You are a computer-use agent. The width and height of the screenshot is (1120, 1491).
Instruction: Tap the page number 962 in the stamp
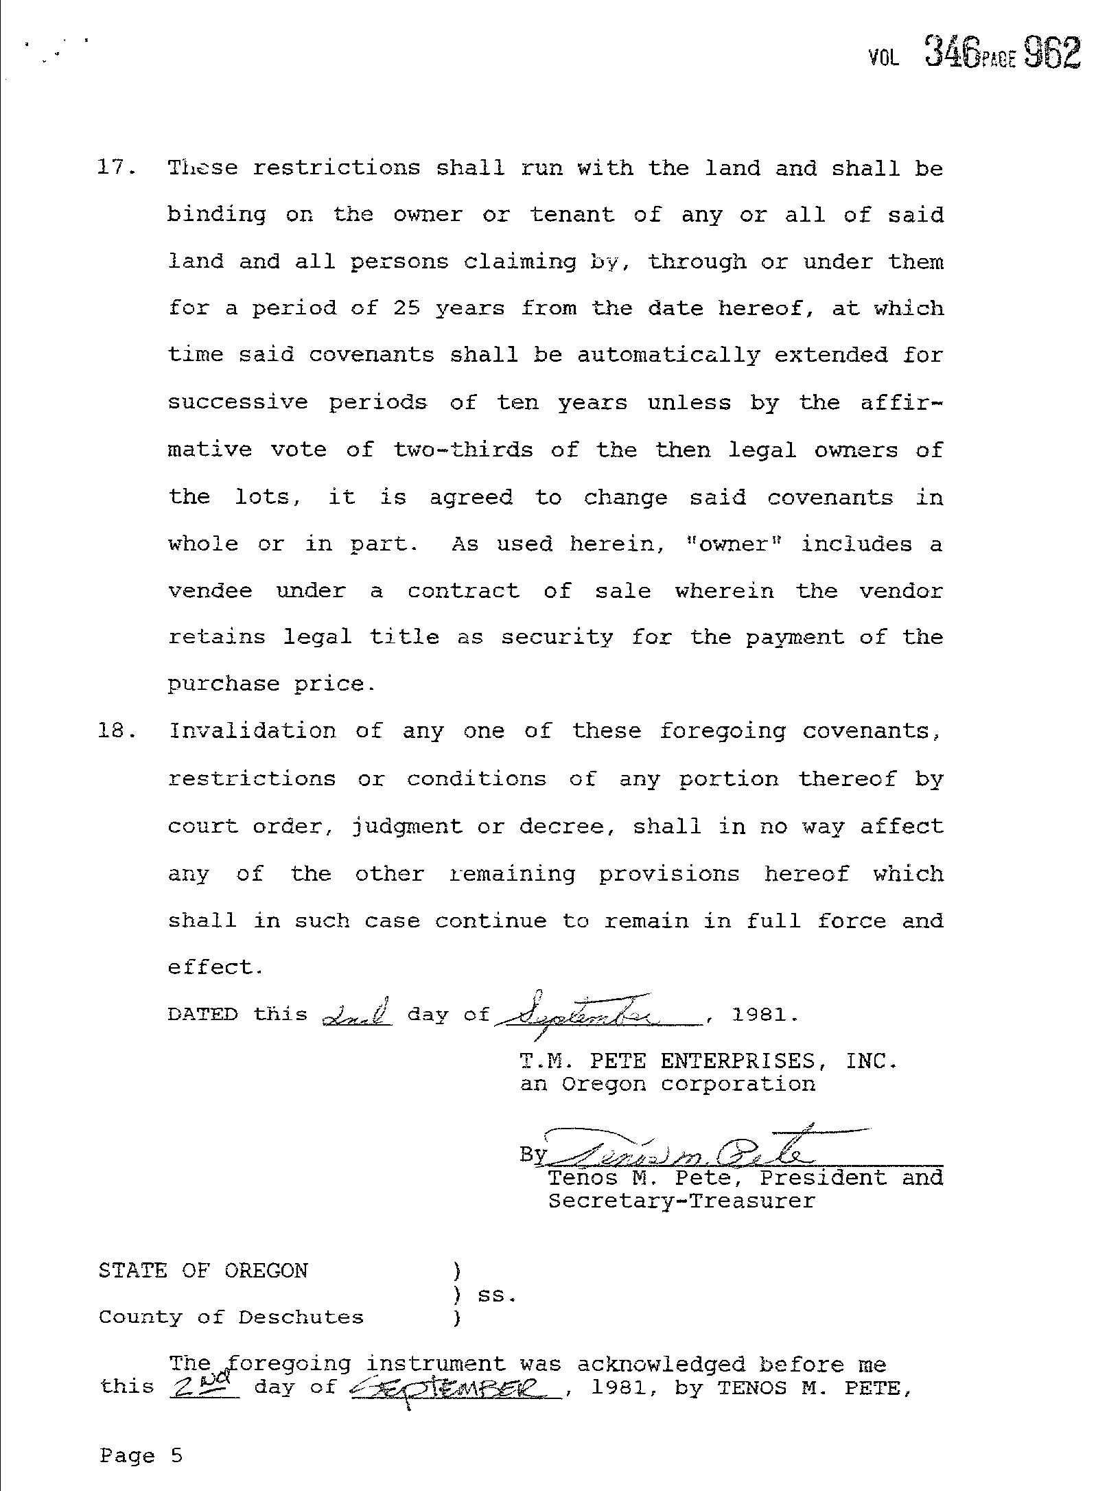1052,52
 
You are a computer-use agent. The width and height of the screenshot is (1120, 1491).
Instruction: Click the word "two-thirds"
463,450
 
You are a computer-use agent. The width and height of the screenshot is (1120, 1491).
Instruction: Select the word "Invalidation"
253,730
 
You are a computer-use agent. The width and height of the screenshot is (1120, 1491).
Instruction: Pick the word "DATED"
203,1015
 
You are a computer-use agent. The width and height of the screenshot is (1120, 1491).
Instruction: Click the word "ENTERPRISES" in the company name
738,1061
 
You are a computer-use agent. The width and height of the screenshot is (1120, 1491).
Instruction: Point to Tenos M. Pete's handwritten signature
679,1153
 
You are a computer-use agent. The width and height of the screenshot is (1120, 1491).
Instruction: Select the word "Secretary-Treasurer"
681,1201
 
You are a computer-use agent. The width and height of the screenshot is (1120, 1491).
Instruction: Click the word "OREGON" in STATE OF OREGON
266,1271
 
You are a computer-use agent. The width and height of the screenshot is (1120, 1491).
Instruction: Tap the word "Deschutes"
301,1317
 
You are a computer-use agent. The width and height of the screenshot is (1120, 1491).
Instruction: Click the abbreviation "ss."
495,1295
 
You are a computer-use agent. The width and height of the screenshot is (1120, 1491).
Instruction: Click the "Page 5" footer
141,1455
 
